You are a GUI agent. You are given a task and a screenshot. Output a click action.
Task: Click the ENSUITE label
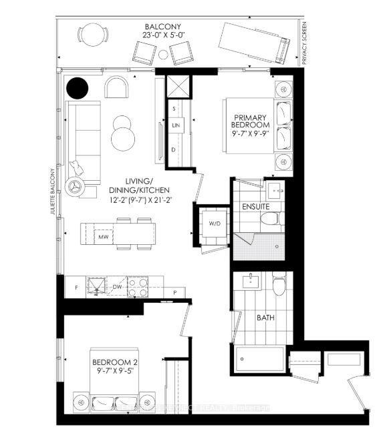click(257, 207)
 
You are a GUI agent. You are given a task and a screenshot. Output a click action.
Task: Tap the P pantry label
click(174, 292)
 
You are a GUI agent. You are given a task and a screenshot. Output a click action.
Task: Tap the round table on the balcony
click(89, 35)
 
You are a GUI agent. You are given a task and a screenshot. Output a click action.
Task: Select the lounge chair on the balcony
click(255, 41)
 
